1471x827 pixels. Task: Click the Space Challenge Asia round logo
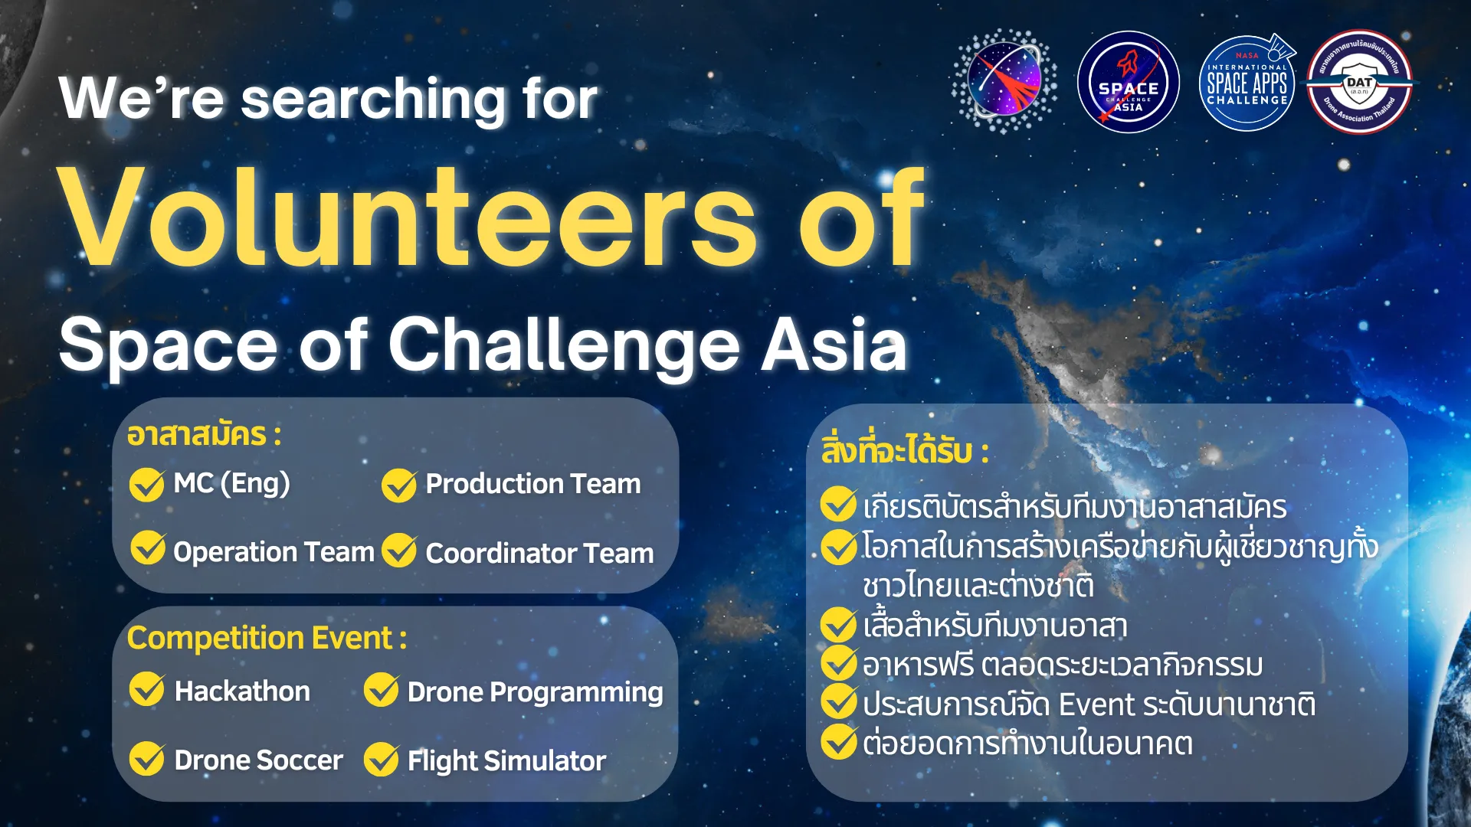click(1128, 83)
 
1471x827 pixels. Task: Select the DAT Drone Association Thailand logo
click(1360, 83)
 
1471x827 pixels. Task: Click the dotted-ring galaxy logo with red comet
click(1004, 81)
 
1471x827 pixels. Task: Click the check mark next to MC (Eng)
click(146, 484)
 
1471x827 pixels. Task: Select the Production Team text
click(532, 484)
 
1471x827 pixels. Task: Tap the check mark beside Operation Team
click(147, 548)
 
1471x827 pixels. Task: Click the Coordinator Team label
click(539, 553)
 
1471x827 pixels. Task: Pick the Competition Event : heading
click(267, 638)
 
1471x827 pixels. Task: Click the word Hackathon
click(242, 691)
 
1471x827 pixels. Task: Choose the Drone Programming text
click(535, 692)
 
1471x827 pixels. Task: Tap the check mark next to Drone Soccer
click(146, 758)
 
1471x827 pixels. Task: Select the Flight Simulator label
click(506, 761)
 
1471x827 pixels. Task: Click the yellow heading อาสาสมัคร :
click(204, 435)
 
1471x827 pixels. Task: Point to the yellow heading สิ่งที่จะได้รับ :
click(904, 451)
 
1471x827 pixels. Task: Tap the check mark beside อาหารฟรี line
click(838, 663)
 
